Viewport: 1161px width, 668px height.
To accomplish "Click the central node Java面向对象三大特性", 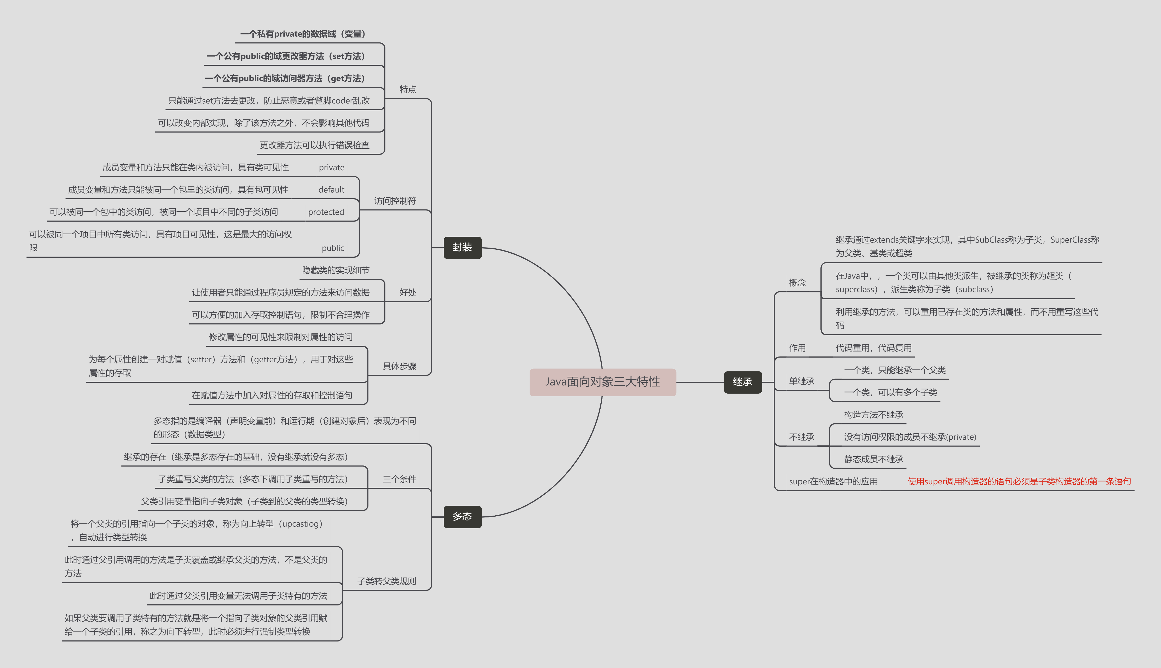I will (x=602, y=382).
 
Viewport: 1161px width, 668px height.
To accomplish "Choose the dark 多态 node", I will (x=462, y=517).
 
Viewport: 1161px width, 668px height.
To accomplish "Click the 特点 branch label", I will (x=408, y=90).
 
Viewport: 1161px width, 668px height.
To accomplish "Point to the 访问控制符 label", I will (x=395, y=201).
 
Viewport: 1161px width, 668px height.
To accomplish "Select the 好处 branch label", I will (x=408, y=293).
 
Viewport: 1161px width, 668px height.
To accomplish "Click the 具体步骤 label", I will (x=399, y=366).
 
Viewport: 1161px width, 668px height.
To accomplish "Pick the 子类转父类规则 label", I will (x=387, y=581).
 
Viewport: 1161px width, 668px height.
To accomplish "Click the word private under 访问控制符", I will (x=332, y=168).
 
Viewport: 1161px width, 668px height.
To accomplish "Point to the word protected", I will (x=326, y=212).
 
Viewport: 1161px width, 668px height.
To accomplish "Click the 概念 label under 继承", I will (x=797, y=283).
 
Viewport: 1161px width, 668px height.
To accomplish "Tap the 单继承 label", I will (x=801, y=381).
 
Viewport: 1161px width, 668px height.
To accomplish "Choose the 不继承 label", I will (x=801, y=437).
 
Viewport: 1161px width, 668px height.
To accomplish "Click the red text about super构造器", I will (x=1019, y=482).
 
